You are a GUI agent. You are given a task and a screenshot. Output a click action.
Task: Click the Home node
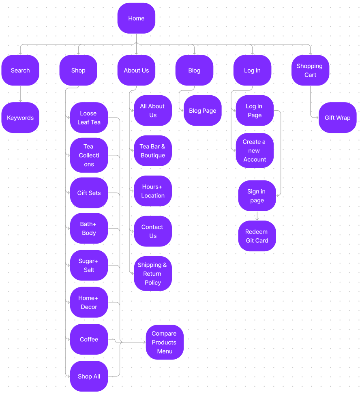click(x=136, y=18)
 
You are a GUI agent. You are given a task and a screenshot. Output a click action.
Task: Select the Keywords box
click(x=20, y=118)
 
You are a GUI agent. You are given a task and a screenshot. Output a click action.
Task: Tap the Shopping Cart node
click(x=310, y=70)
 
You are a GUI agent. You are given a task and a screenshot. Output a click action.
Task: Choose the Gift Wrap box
click(x=337, y=118)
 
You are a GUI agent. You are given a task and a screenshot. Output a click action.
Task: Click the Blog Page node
click(x=202, y=110)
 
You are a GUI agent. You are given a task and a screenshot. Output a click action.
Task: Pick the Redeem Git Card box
click(x=257, y=236)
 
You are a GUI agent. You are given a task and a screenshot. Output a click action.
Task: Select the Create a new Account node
click(x=255, y=150)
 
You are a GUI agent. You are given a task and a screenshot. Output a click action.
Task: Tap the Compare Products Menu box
click(x=165, y=342)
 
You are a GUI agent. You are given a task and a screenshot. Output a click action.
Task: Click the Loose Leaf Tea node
click(x=89, y=118)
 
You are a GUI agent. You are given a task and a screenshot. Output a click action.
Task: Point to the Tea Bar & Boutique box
click(x=152, y=151)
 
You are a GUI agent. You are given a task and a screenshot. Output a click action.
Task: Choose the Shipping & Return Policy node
click(x=152, y=273)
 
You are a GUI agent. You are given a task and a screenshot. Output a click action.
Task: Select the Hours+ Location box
click(x=152, y=191)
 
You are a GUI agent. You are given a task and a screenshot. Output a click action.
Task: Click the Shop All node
click(x=89, y=376)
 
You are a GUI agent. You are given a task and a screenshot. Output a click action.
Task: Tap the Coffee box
click(x=89, y=339)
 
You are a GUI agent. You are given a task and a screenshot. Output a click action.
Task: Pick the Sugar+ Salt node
click(x=89, y=265)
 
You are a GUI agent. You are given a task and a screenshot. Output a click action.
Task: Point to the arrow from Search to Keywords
click(x=20, y=94)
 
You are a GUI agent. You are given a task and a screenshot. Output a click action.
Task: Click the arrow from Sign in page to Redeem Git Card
click(x=257, y=216)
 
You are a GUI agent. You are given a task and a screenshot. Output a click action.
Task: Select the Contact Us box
click(x=152, y=231)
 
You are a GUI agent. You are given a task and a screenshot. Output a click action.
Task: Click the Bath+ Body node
click(x=89, y=228)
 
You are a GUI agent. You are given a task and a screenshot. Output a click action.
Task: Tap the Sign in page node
click(x=257, y=196)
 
